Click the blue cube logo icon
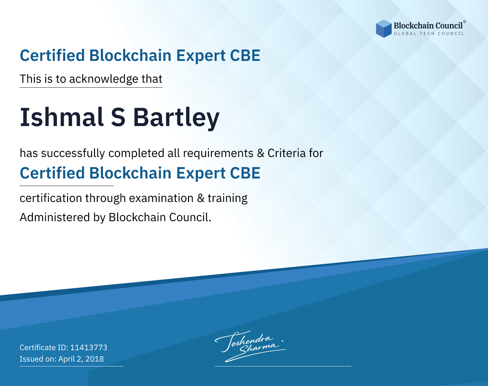[x=384, y=29]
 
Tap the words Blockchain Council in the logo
[x=428, y=26]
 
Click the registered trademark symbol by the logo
[x=464, y=22]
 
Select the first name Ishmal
[x=62, y=117]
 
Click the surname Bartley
[x=176, y=118]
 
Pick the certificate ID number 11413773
[x=89, y=347]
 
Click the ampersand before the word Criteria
[x=261, y=153]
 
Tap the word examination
[x=161, y=198]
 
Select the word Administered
[x=55, y=217]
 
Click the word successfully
[x=73, y=153]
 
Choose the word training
[x=227, y=198]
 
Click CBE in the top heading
[x=245, y=55]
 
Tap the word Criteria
[x=286, y=153]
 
